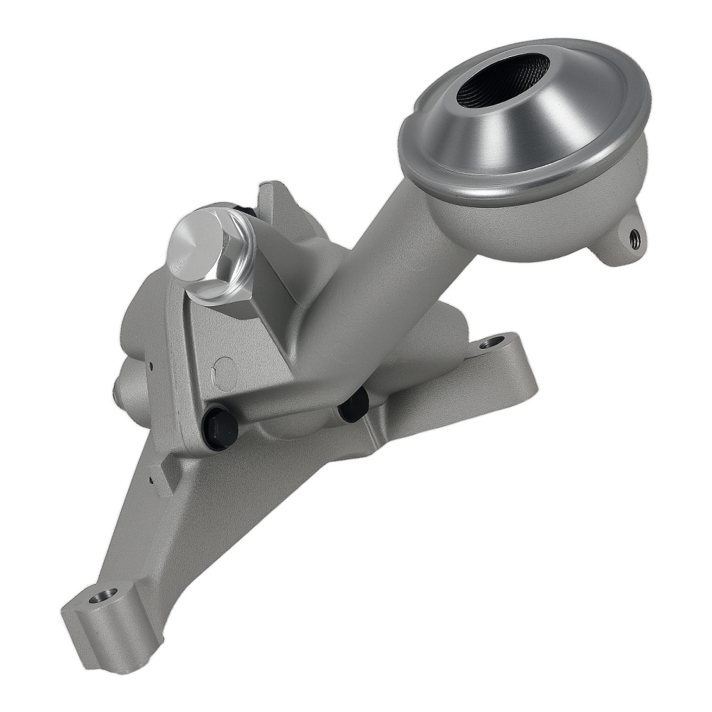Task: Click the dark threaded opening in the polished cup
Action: point(502,78)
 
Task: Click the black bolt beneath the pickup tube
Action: point(353,404)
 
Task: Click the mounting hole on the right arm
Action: point(492,342)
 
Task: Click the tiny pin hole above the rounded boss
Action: point(151,367)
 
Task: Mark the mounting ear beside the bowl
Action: point(619,242)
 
